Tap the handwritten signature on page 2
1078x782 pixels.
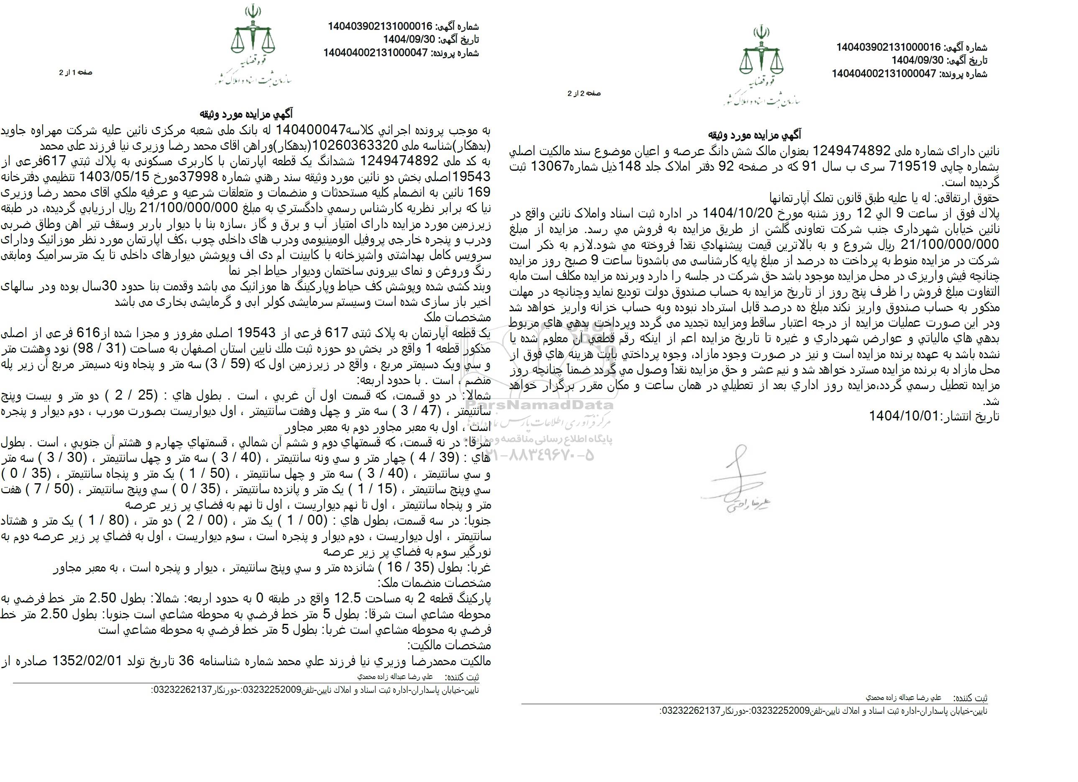[x=735, y=480]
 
